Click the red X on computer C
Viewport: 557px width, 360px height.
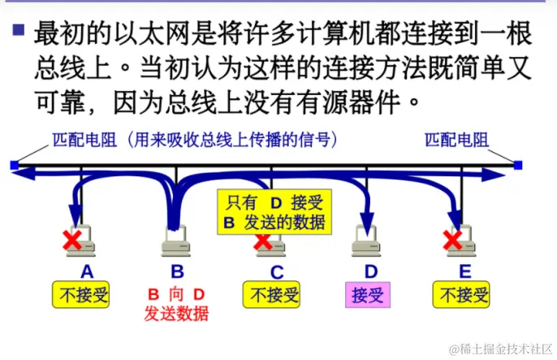coord(262,241)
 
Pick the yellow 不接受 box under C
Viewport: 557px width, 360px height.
coord(272,294)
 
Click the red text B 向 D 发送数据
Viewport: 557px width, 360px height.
coord(176,302)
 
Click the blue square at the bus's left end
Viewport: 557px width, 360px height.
coord(14,166)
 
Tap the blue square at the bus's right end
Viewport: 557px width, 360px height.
coord(518,166)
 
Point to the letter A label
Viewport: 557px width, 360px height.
coord(87,271)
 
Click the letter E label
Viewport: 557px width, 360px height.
coord(464,271)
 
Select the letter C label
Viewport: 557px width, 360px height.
coord(277,271)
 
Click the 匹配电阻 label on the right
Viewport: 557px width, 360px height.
coord(457,139)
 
